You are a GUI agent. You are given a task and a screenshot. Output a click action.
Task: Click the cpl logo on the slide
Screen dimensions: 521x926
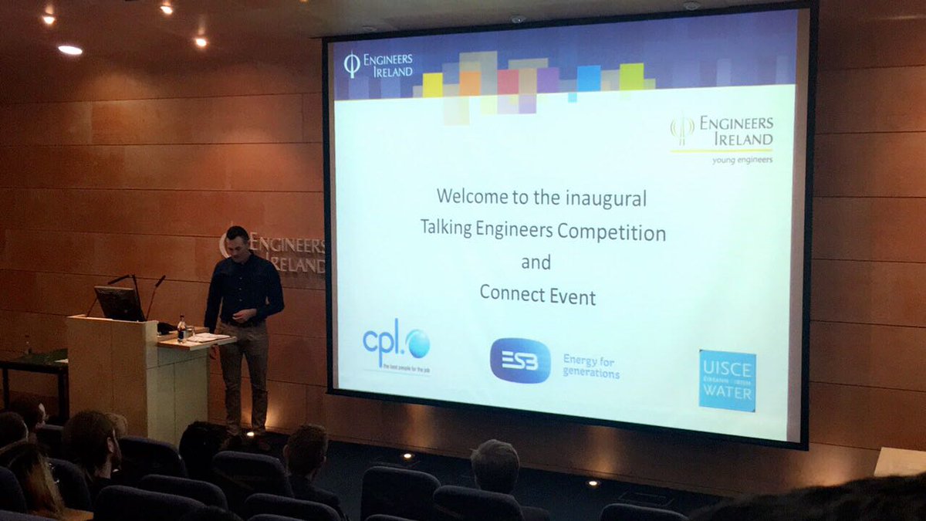pyautogui.click(x=396, y=343)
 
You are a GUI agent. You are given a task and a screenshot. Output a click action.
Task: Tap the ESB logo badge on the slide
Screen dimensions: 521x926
pyautogui.click(x=520, y=360)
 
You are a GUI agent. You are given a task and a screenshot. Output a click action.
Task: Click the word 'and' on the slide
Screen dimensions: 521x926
pyautogui.click(x=536, y=262)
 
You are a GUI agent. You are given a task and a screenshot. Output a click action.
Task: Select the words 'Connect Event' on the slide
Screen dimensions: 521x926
pyautogui.click(x=537, y=295)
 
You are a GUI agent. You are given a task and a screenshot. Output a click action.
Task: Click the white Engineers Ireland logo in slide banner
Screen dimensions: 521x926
pyautogui.click(x=378, y=65)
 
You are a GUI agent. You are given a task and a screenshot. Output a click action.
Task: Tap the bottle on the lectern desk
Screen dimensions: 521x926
pyautogui.click(x=181, y=328)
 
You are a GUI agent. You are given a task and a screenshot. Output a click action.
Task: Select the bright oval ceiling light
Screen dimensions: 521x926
pyautogui.click(x=69, y=49)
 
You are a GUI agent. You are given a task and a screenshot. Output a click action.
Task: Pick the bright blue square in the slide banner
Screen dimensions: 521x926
pyautogui.click(x=589, y=78)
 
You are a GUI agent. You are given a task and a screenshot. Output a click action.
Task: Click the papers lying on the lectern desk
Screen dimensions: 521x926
pyautogui.click(x=207, y=337)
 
